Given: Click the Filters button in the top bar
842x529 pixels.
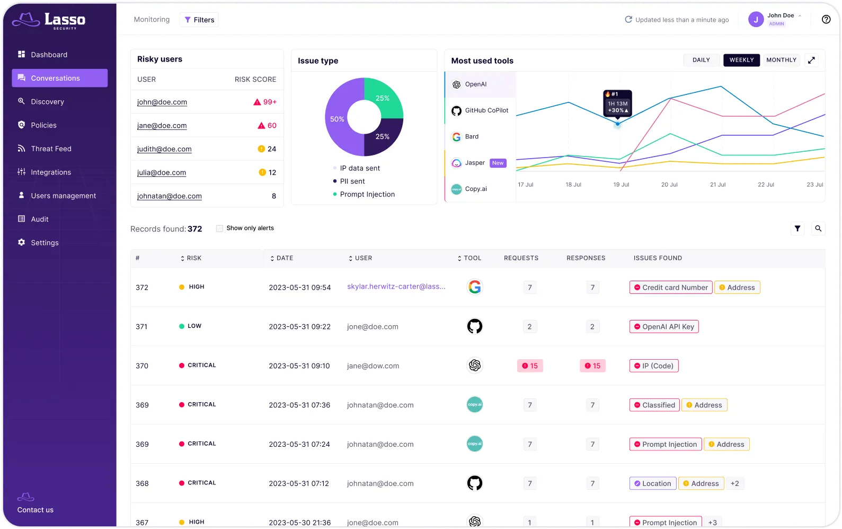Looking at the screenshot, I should tap(199, 20).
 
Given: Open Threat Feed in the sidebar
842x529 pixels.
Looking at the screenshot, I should tap(51, 149).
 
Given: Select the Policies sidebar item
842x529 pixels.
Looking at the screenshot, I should tap(43, 125).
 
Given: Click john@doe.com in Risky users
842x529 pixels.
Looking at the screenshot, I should tap(162, 102).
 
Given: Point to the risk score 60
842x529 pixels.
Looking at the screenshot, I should tap(272, 126).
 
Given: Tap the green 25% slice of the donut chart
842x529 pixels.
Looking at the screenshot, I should tap(383, 99).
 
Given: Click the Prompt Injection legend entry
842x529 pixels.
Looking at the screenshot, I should tap(367, 194).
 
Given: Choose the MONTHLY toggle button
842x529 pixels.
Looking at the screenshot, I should tap(781, 60).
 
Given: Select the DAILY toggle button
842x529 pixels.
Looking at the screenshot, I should tap(701, 60).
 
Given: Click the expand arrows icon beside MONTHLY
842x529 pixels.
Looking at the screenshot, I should tap(811, 60).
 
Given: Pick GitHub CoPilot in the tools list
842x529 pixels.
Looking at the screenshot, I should tap(486, 110).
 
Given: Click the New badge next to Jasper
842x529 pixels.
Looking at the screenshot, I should tap(498, 163).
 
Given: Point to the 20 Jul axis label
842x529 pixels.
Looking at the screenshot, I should tap(669, 185).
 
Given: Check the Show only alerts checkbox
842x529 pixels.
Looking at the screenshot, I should tap(219, 228).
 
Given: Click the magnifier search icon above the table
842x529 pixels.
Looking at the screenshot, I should tap(818, 229).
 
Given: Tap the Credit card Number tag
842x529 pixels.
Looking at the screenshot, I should tap(670, 288).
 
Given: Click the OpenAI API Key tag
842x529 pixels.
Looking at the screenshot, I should tap(663, 327).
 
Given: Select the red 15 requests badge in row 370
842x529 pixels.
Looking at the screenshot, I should tap(529, 366).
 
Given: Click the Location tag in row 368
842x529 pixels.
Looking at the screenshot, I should tap(652, 483).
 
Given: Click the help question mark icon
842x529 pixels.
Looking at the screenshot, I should tap(826, 20).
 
